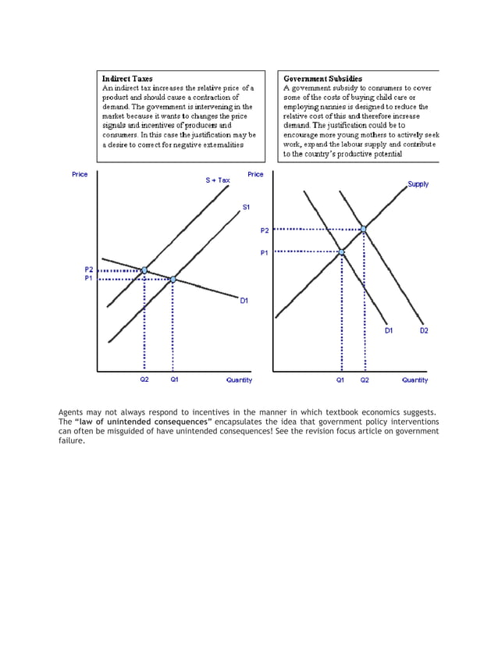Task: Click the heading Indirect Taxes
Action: point(127,79)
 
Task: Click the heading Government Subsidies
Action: point(322,79)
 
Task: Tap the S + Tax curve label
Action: point(218,180)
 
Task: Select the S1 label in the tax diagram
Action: point(246,207)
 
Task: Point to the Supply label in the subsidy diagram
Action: point(418,184)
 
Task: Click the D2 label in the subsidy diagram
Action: point(424,331)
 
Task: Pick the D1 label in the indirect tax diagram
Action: point(244,301)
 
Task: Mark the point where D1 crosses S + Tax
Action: point(144,270)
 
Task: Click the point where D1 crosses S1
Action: point(173,279)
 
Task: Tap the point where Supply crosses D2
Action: point(364,229)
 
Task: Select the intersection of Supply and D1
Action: point(341,251)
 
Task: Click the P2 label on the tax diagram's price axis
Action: point(88,269)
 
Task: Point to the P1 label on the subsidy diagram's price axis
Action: point(264,252)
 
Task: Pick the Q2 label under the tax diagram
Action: point(144,380)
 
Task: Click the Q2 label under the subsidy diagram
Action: point(365,380)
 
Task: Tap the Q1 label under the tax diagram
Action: point(174,380)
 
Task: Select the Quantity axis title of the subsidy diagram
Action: point(414,380)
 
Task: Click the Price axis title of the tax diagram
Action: point(80,174)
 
